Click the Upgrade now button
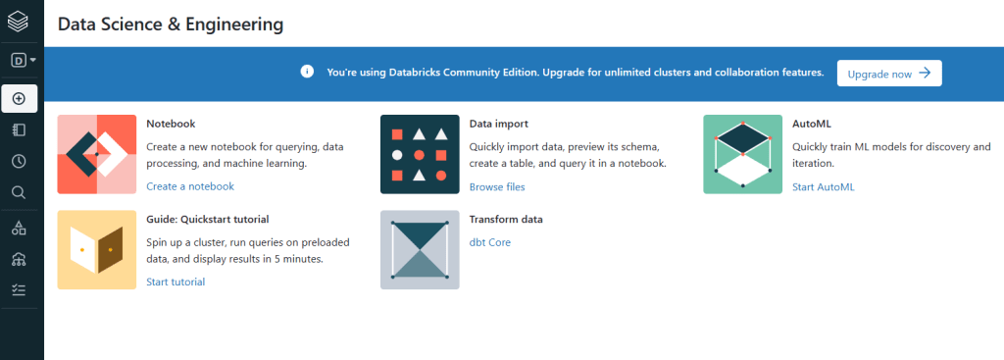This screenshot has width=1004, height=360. coord(888,73)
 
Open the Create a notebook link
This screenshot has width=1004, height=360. coord(190,186)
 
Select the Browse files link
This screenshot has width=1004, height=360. coord(497,187)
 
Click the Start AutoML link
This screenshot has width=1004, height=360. coord(823,187)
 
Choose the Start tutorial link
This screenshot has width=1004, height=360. coord(176,282)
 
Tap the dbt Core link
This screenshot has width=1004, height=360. coord(490,242)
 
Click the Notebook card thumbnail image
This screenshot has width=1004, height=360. coord(97,154)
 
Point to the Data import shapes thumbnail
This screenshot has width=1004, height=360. coord(420,154)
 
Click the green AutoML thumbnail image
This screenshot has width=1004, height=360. coord(743,154)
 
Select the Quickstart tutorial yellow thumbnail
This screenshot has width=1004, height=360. coord(97,250)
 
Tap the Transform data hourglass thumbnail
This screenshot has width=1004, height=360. coord(420,250)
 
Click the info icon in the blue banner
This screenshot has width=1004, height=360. coord(307,72)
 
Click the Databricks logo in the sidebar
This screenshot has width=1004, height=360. coord(18,22)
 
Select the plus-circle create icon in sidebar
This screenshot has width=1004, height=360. coord(20,99)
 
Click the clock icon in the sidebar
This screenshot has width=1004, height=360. coord(20,162)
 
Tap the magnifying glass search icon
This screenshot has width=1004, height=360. coord(20,193)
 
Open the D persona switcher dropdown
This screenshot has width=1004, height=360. coord(24,60)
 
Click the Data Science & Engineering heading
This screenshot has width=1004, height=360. coord(171,25)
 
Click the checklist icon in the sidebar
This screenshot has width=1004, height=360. coord(20,290)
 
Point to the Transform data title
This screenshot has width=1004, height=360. coord(506,219)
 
